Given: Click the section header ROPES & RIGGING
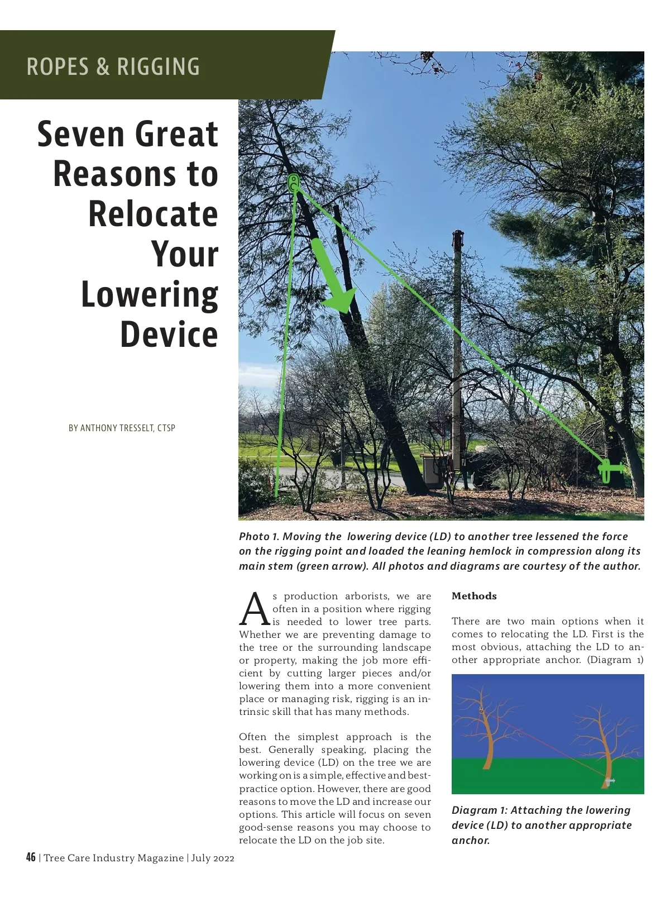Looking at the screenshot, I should click(113, 66).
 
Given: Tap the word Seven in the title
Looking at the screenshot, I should click(83, 135).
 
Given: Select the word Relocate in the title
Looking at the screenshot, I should click(153, 214).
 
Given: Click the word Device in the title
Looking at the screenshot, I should click(169, 335).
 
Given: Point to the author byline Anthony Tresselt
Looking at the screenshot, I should click(122, 428).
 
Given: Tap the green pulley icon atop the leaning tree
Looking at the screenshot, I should click(294, 183).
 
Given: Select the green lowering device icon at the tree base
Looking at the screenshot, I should click(609, 469).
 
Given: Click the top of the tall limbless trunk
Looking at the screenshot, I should click(458, 237).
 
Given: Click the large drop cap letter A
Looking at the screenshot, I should click(255, 609).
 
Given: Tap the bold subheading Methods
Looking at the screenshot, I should click(474, 597).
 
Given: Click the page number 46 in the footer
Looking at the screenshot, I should click(31, 857).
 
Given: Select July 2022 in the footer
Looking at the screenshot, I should click(213, 858).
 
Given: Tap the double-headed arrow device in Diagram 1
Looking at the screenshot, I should click(610, 780).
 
